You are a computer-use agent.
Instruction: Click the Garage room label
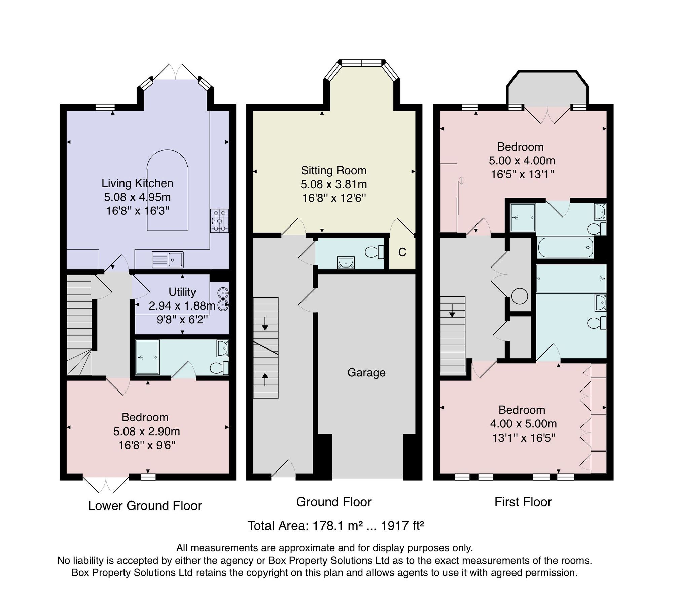pos(366,373)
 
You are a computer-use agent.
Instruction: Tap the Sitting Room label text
pos(334,170)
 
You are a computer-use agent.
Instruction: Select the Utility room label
pos(182,292)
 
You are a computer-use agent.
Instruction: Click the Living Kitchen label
pos(137,183)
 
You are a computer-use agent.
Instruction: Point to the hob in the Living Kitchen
pos(219,220)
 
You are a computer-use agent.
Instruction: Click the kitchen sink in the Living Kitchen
pos(168,260)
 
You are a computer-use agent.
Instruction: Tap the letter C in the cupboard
pos(402,252)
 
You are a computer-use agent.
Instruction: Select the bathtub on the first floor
pos(565,248)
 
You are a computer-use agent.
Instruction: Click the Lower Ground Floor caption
pos(145,505)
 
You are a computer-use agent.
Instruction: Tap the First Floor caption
pos(523,502)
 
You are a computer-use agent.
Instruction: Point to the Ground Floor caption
pos(334,502)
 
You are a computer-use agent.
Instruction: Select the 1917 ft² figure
pos(402,526)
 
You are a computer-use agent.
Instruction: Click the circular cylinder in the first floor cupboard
pos(520,296)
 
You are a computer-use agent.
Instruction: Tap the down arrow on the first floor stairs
pos(452,311)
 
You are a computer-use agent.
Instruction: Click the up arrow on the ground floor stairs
pos(265,380)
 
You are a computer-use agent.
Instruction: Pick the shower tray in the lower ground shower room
pos(147,357)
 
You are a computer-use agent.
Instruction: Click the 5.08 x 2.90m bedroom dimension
pos(147,431)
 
